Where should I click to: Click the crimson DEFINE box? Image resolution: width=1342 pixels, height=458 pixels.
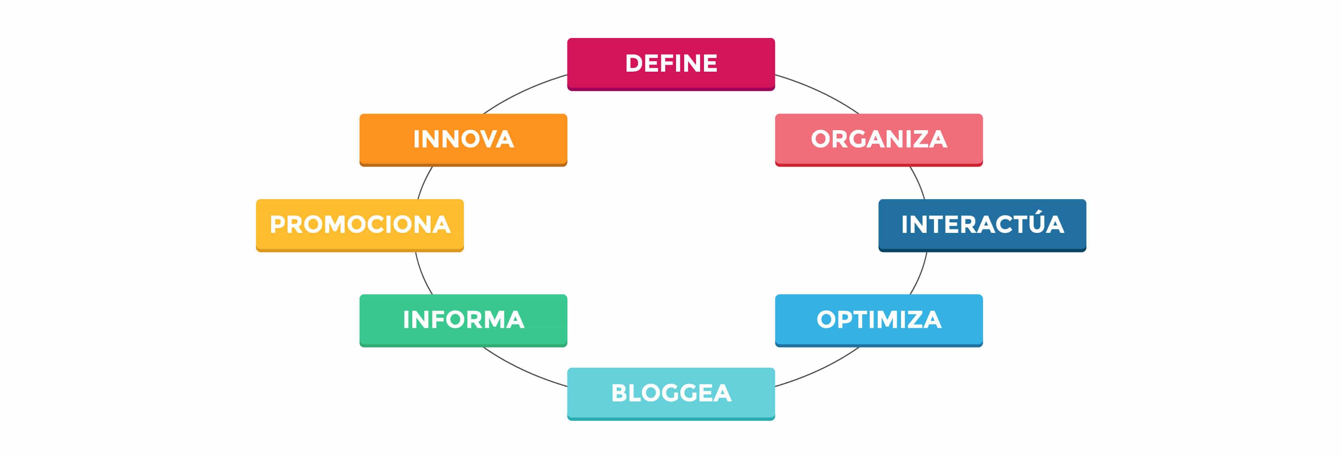click(671, 64)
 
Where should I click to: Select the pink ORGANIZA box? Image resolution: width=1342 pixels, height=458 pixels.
click(879, 140)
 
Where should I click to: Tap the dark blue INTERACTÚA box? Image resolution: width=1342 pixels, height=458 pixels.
click(982, 226)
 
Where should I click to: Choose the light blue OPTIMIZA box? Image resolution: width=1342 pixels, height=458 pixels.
click(879, 320)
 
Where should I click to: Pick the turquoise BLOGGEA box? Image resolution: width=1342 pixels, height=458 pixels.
click(671, 394)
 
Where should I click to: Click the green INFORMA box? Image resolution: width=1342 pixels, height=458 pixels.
click(463, 320)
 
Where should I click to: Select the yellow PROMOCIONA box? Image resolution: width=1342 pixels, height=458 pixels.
click(360, 226)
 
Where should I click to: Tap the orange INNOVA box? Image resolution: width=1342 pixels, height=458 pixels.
click(463, 140)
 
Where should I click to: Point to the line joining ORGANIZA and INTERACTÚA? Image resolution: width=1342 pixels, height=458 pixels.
click(919, 182)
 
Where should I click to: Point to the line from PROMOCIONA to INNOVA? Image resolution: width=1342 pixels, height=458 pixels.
click(424, 182)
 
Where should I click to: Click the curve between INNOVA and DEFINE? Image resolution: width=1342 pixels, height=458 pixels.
click(523, 91)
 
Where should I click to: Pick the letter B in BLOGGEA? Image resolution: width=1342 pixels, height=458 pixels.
click(621, 393)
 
